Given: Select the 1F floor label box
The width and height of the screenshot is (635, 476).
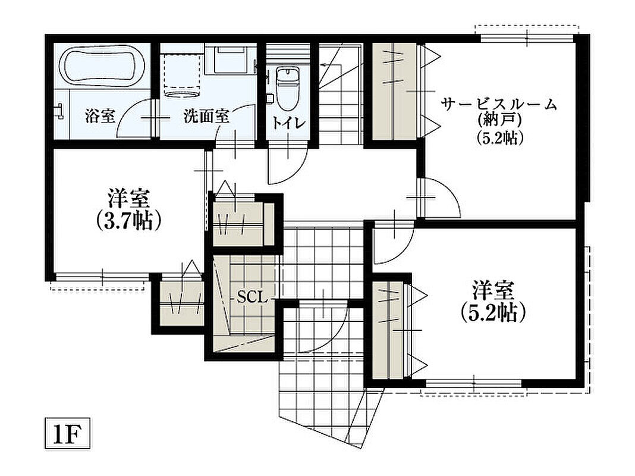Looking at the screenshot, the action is [x=67, y=434].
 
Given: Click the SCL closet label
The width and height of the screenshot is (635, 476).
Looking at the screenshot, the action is [x=252, y=298].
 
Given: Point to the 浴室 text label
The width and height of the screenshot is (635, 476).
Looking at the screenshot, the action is [x=100, y=116].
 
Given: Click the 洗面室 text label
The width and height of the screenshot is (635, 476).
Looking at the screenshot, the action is [x=206, y=116].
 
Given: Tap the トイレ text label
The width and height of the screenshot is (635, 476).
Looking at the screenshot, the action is [x=288, y=123].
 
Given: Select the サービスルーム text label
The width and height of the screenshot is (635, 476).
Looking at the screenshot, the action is [x=499, y=105].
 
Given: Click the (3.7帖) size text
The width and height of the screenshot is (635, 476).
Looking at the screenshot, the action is [x=129, y=221].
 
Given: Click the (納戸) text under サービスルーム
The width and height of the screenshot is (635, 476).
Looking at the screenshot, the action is [x=499, y=120].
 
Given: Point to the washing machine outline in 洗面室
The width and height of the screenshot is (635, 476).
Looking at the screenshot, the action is [x=183, y=75].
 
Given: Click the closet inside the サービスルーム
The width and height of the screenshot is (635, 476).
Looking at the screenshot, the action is [x=395, y=91].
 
